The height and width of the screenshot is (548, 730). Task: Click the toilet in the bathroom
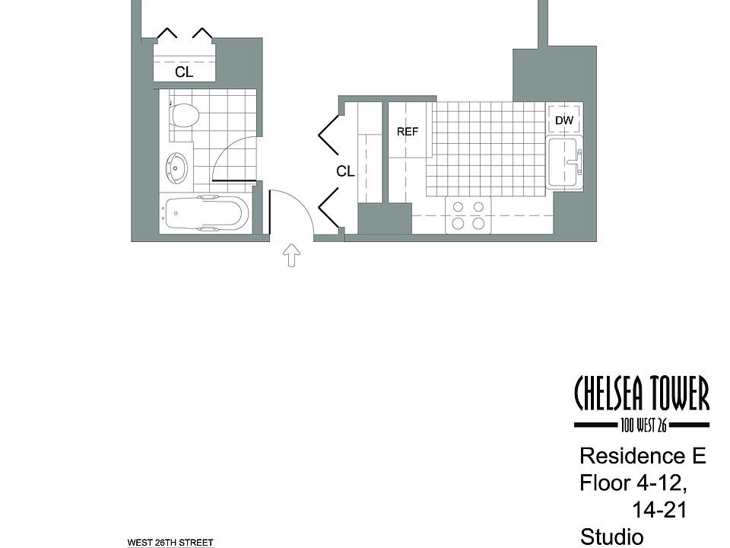pyautogui.click(x=183, y=115)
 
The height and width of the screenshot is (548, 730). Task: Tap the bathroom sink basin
pyautogui.click(x=176, y=166)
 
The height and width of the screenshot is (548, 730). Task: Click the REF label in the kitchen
pyautogui.click(x=408, y=132)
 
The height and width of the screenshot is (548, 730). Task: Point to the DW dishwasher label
pyautogui.click(x=563, y=120)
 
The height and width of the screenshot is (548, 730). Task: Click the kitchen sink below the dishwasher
pyautogui.click(x=564, y=161)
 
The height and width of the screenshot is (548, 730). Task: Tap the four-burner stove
pyautogui.click(x=468, y=215)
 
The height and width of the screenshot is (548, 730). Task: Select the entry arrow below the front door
pyautogui.click(x=290, y=255)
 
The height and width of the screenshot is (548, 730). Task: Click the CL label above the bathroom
pyautogui.click(x=184, y=72)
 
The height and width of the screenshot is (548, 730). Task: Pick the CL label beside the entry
pyautogui.click(x=345, y=172)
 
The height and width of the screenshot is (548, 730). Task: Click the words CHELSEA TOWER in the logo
pyautogui.click(x=641, y=393)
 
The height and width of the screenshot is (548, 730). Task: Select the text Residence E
pyautogui.click(x=643, y=457)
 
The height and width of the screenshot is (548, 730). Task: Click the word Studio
pyautogui.click(x=610, y=536)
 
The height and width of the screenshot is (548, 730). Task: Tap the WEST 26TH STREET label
pyautogui.click(x=170, y=543)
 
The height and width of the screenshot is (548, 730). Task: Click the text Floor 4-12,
pyautogui.click(x=637, y=483)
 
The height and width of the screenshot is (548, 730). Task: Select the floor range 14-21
pyautogui.click(x=659, y=510)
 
